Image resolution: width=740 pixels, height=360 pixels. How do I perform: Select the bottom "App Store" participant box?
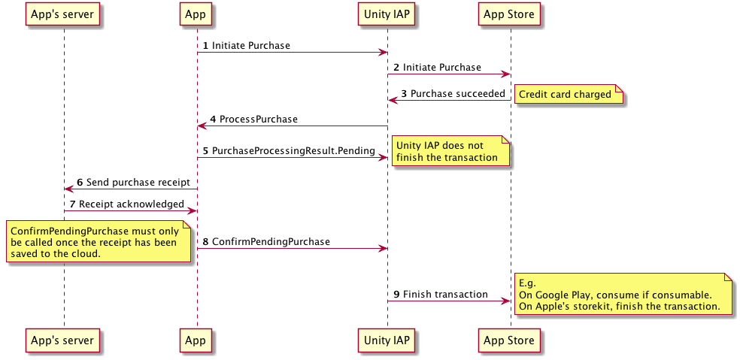509,340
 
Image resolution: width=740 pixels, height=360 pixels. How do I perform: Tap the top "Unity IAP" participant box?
387,14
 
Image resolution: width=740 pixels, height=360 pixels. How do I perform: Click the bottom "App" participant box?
196,340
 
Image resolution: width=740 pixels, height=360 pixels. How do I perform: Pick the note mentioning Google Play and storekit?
623,295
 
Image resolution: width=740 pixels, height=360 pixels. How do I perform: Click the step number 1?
205,46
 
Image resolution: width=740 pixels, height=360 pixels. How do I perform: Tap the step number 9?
396,294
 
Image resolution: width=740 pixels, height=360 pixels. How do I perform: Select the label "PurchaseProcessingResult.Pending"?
293,151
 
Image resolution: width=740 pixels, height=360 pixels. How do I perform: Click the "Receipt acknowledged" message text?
132,204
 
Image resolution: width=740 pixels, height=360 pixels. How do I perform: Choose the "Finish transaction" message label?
445,294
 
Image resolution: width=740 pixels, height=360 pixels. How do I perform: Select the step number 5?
205,151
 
